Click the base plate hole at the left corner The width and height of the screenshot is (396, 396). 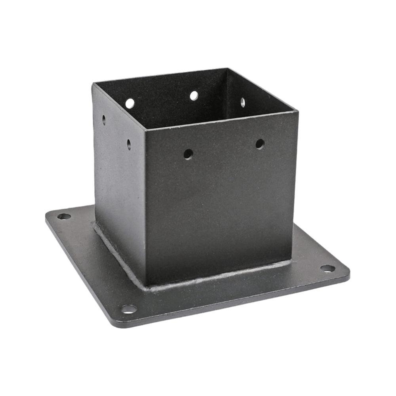tap(64, 216)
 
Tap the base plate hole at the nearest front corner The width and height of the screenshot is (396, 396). tap(129, 309)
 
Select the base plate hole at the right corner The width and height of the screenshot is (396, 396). tap(327, 268)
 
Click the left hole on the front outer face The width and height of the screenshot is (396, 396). tap(188, 154)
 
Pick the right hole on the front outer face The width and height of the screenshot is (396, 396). tap(260, 144)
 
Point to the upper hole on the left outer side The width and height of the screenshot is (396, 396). tap(104, 120)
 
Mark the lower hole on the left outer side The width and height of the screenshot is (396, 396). tap(129, 144)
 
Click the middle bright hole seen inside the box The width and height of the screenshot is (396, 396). tap(194, 95)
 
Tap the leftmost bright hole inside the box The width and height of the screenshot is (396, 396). tap(130, 103)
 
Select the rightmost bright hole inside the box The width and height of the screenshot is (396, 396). tap(243, 102)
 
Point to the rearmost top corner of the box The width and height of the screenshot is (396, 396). tap(227, 69)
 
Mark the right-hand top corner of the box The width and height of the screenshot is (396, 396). tap(297, 111)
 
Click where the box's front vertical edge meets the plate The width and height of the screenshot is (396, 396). tap(146, 284)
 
